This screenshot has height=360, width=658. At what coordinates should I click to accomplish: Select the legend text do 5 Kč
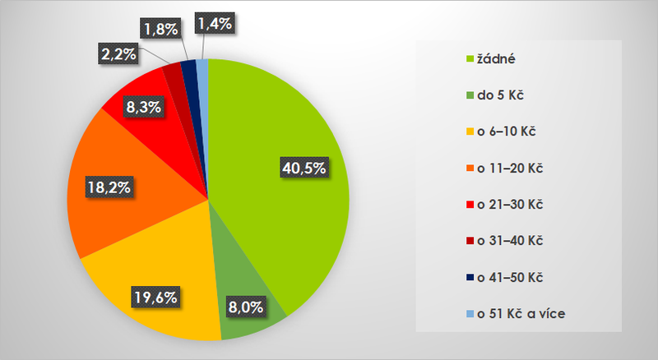click(500, 95)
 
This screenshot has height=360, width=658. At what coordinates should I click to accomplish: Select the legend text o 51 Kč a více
click(524, 312)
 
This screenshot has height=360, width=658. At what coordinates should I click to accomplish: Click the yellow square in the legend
click(470, 132)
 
